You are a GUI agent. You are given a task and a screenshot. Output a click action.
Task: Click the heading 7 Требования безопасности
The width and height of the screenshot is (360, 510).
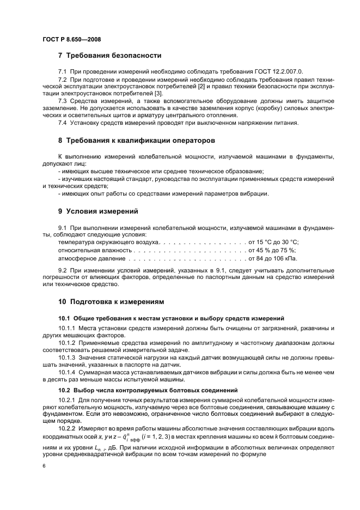pyautogui.click(x=109, y=56)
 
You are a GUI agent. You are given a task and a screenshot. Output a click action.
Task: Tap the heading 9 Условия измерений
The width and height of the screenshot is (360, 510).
pyautogui.click(x=98, y=211)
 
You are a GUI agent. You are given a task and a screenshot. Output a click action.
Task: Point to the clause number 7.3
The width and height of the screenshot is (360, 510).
pyautogui.click(x=63, y=101)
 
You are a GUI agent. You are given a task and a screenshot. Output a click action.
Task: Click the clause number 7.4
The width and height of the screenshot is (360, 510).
pyautogui.click(x=63, y=122)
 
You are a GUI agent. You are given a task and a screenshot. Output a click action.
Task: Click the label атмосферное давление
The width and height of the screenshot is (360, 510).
pyautogui.click(x=85, y=259)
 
